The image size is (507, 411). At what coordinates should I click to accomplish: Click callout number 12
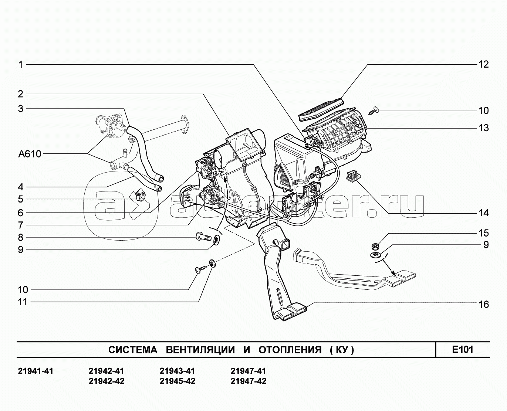pos(483,64)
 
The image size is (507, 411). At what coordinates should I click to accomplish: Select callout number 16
pos(483,304)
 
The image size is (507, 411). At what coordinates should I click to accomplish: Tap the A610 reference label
pos(30,154)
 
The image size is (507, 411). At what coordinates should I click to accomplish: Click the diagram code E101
pos(463,349)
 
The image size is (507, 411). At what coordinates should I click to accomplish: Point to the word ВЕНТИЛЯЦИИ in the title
pos(200,350)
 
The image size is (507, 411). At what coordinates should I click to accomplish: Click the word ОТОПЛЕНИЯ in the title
pos(290,350)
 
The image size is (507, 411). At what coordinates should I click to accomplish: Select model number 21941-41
pos(36,371)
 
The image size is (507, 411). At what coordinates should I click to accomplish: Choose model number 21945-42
pos(178,381)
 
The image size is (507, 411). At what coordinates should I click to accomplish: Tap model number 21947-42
pos(248,381)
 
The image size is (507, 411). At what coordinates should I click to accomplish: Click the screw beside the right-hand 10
pos(374,109)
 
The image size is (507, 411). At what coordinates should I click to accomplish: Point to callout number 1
pos(21,65)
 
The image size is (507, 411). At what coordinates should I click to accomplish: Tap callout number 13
pos(483,128)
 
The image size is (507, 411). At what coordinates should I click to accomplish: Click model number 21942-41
pos(107,371)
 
